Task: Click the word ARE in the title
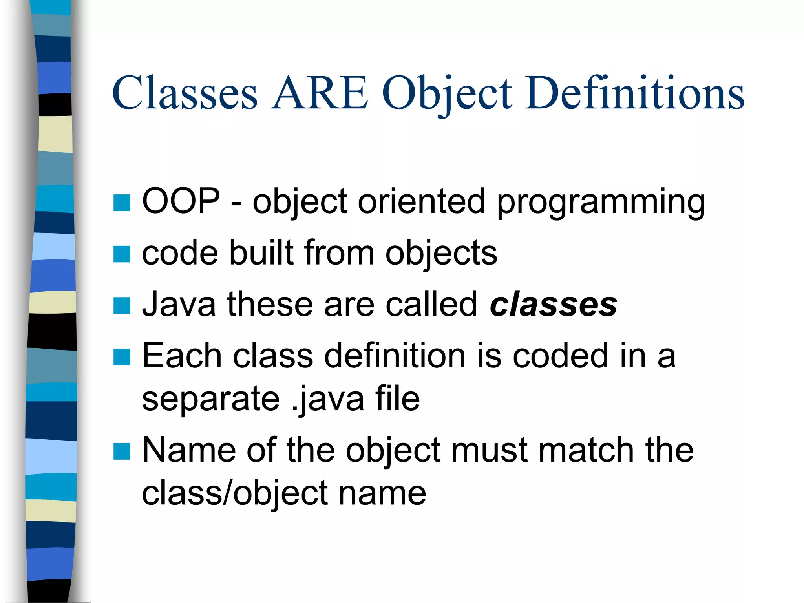pyautogui.click(x=320, y=93)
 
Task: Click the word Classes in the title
pyautogui.click(x=185, y=93)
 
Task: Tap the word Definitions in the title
pyautogui.click(x=634, y=93)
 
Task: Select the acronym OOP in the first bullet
pyautogui.click(x=181, y=201)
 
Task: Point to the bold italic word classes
pyautogui.click(x=554, y=305)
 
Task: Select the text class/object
pyautogui.click(x=235, y=494)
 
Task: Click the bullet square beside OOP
pyautogui.click(x=122, y=203)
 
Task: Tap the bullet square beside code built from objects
pyautogui.click(x=122, y=254)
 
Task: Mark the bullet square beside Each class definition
pyautogui.click(x=122, y=357)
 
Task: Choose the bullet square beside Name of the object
pyautogui.click(x=122, y=451)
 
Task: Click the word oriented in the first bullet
pyautogui.click(x=421, y=201)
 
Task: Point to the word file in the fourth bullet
pyautogui.click(x=397, y=399)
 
